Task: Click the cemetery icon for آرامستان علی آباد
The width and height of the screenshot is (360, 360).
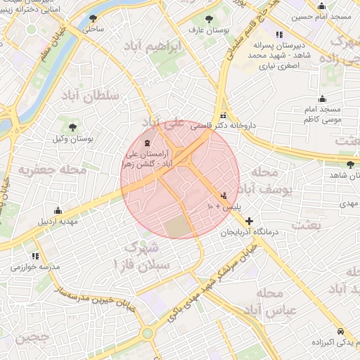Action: click(146, 143)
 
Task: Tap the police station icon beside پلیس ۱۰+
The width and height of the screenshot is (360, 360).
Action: click(224, 195)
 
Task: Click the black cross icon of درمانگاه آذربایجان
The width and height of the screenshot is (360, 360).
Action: click(249, 221)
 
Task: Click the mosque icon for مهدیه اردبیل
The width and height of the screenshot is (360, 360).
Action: click(58, 210)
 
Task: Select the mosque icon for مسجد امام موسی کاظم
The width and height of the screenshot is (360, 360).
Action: click(322, 98)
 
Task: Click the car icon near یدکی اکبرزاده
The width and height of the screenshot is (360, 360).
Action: click(340, 330)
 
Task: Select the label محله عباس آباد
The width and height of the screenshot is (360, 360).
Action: click(269, 301)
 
